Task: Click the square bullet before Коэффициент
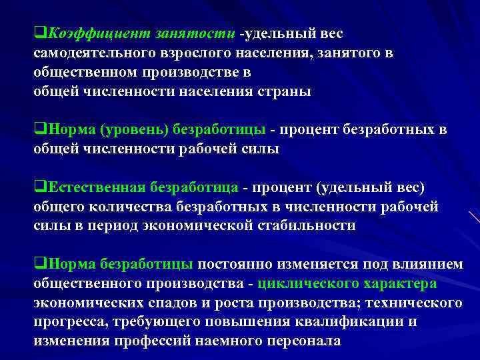coord(38,33)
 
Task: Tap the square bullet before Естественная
coord(38,187)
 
